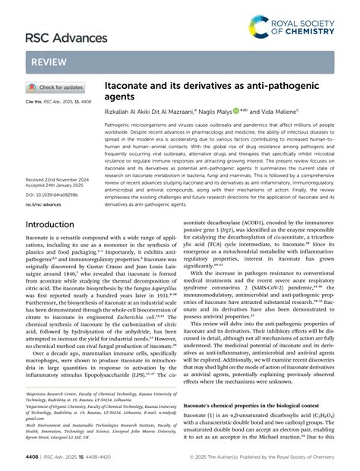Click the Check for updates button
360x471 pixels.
(57, 87)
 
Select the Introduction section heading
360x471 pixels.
(55, 225)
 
